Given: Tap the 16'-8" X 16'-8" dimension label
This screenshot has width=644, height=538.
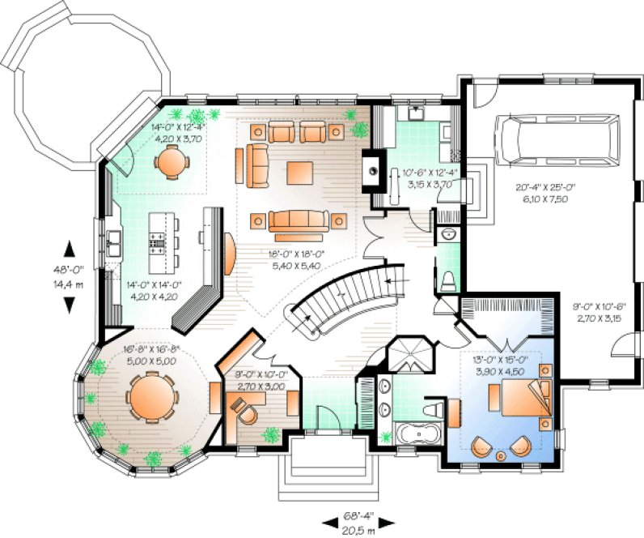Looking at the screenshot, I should point(151,356).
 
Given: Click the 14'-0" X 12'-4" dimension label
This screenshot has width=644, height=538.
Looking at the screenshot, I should point(177,132).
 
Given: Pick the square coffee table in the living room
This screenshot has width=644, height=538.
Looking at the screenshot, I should point(299,171).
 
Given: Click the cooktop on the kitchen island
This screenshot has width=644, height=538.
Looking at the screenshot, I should point(159,239).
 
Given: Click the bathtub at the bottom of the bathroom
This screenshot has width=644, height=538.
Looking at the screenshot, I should point(416,435).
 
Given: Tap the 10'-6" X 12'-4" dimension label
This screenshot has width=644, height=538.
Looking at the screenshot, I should point(430,178).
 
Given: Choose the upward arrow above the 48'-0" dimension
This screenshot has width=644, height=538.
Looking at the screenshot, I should point(69,247).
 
